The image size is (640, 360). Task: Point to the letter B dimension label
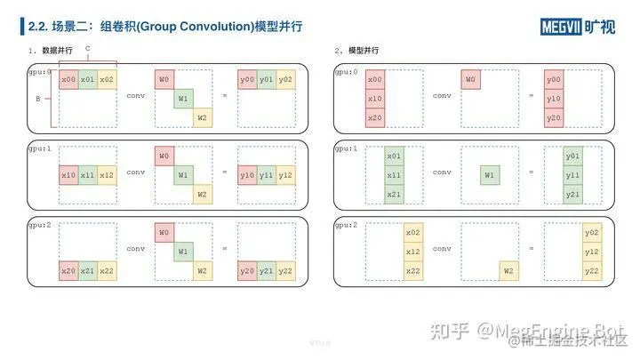coord(37,100)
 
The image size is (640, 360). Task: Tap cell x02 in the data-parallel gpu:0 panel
coord(107,80)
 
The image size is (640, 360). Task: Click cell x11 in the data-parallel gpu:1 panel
coord(87,175)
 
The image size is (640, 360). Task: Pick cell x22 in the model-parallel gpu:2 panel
coord(412,271)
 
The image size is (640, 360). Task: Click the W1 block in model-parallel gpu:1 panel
coord(489,175)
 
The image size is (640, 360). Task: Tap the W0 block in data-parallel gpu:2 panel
coord(164,233)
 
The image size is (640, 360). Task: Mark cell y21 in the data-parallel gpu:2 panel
coord(267,271)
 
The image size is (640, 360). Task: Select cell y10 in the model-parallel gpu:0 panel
coord(554,99)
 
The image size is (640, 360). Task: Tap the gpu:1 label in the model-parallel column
coord(347,148)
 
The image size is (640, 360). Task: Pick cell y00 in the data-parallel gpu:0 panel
coord(247,80)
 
